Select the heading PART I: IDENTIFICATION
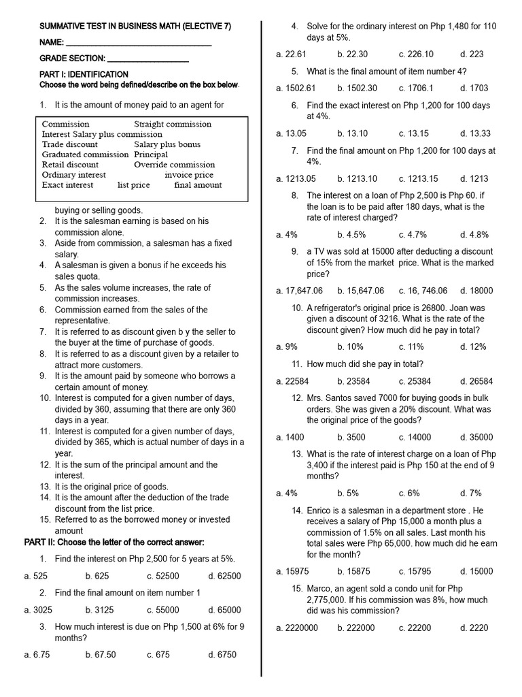[x=84, y=74]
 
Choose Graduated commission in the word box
[x=85, y=155]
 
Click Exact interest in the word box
[x=68, y=185]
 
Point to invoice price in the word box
[x=189, y=175]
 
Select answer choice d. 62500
[x=224, y=576]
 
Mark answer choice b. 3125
[x=100, y=610]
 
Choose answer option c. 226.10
[x=416, y=54]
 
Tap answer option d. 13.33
[x=474, y=133]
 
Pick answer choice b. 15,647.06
[x=360, y=291]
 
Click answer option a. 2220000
[x=297, y=628]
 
